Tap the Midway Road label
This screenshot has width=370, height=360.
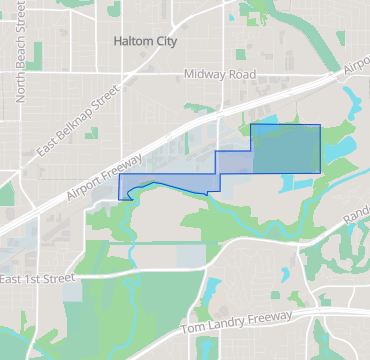220,75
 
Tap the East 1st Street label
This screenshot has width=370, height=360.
39,276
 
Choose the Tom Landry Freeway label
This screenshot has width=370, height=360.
238,322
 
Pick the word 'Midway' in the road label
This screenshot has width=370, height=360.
205,75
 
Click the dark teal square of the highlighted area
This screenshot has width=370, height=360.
286,148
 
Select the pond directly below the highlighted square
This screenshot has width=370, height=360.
298,183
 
